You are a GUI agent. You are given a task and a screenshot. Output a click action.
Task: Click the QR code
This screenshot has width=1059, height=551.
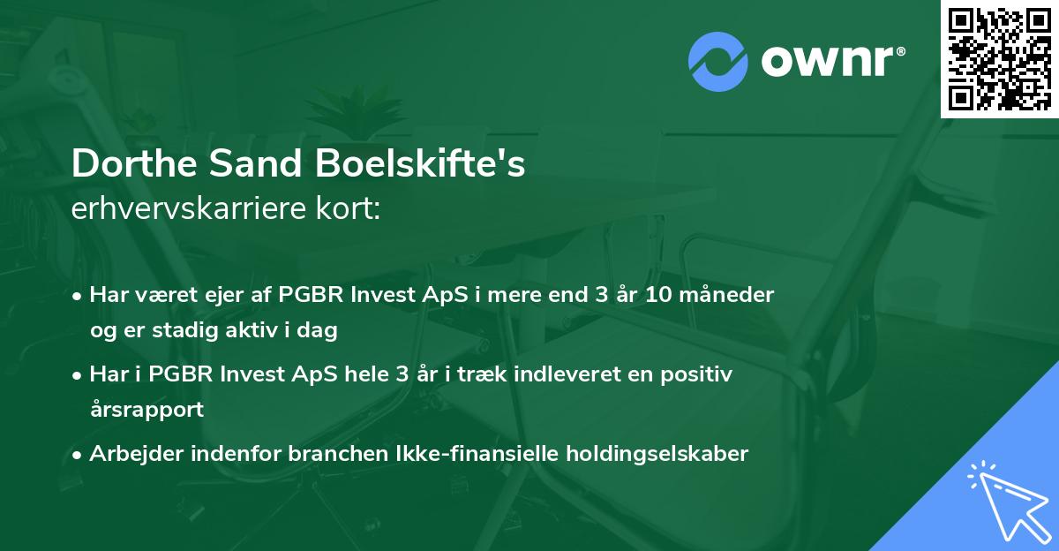pos(999,59)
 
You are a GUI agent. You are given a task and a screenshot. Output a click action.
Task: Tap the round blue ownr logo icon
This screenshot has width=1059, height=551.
pos(718,62)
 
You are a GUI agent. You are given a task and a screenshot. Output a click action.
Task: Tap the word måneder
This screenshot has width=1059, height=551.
pos(731,295)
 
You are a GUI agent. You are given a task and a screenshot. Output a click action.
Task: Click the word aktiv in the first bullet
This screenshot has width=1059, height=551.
pos(237,330)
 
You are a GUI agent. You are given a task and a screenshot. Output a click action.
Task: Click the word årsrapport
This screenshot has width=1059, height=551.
pos(146,410)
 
